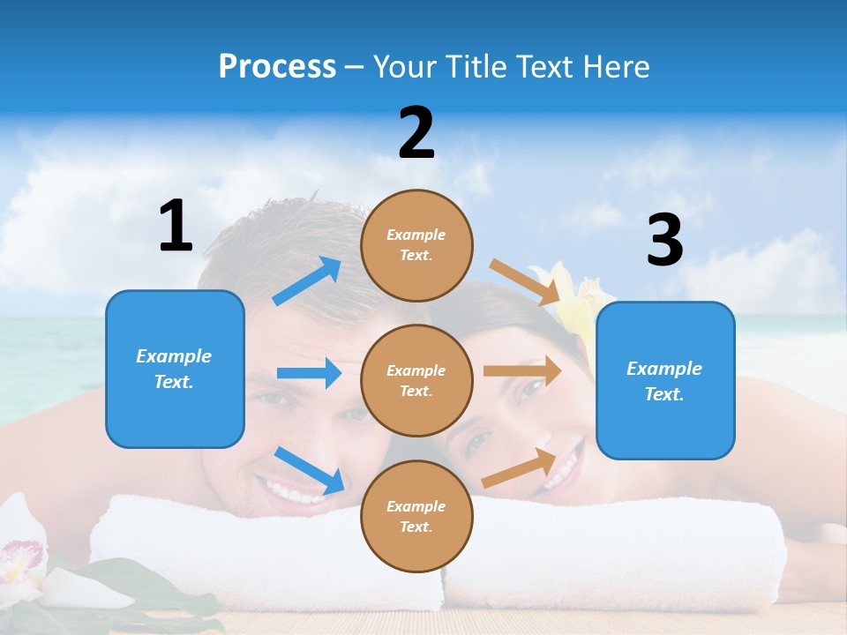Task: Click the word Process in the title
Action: point(277,67)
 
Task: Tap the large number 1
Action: point(176,226)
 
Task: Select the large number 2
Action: point(416,133)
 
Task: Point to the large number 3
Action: point(664,241)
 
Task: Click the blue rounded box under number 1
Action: point(175,370)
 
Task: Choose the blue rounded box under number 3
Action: point(665,381)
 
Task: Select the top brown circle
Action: point(416,245)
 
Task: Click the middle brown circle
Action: point(416,380)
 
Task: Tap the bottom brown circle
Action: point(416,516)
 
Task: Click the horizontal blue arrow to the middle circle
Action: point(309,373)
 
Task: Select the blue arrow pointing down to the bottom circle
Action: point(309,470)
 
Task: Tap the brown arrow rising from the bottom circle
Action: point(519,468)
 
